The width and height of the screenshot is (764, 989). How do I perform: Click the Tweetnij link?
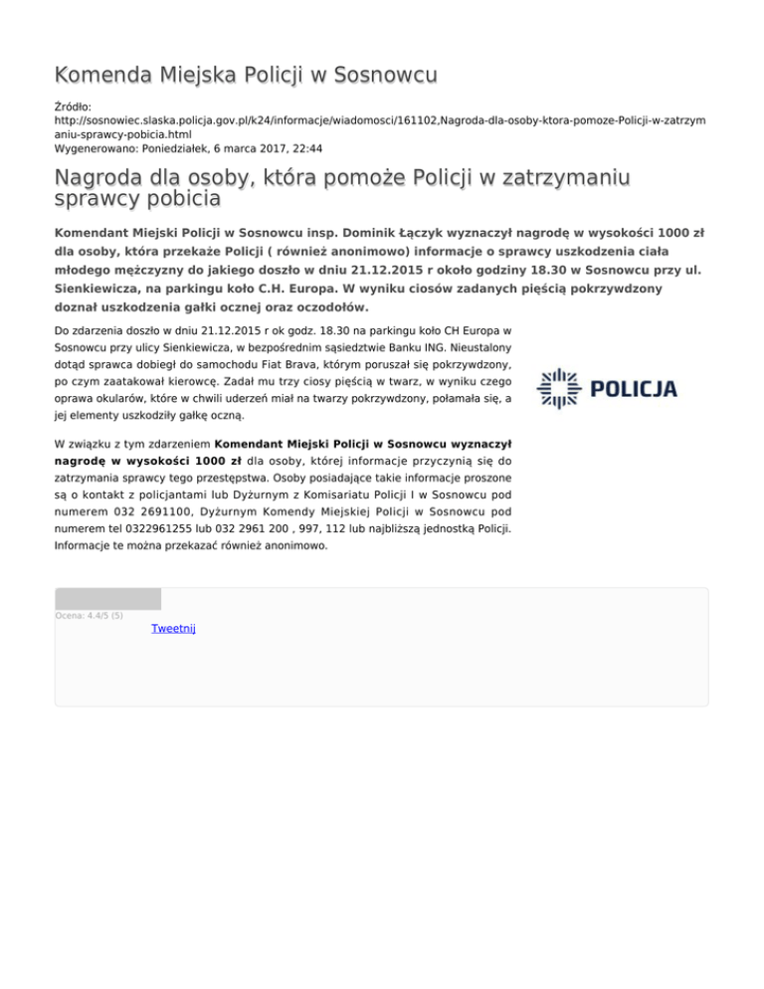click(173, 629)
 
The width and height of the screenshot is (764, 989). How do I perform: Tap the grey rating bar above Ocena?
click(107, 599)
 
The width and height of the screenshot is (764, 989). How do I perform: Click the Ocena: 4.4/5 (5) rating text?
click(90, 616)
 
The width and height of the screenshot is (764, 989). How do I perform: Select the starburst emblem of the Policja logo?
click(558, 388)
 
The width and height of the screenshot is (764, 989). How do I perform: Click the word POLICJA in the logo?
click(634, 388)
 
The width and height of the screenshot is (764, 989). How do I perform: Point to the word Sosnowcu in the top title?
click(385, 76)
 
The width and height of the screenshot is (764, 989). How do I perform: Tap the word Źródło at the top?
click(73, 104)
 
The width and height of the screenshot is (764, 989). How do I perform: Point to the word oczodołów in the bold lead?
click(318, 307)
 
